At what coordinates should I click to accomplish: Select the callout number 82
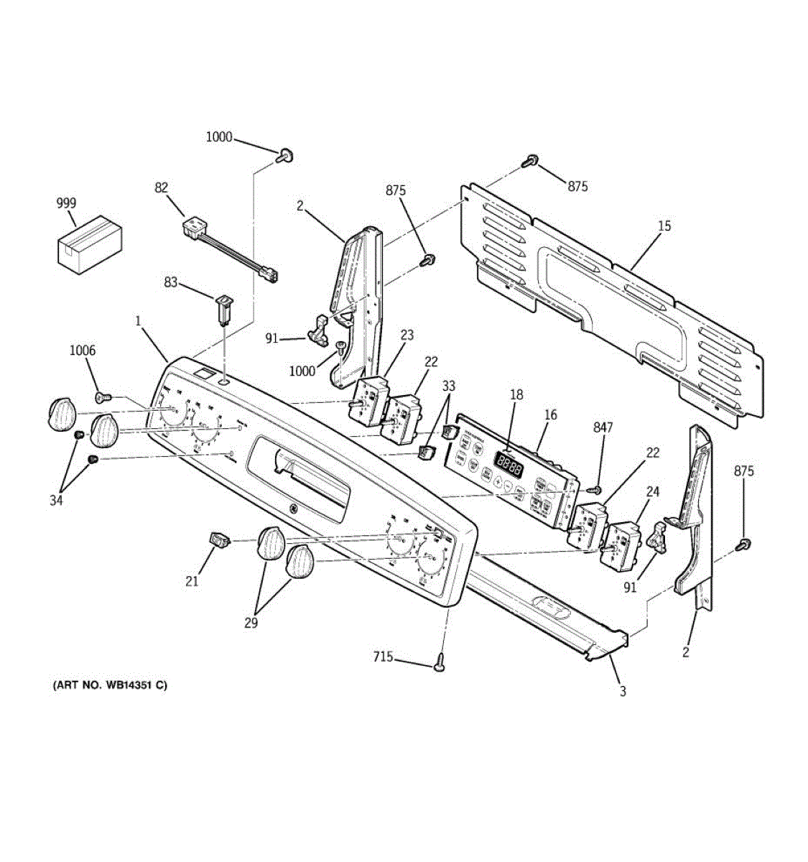[161, 187]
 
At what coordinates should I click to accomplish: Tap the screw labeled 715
[439, 666]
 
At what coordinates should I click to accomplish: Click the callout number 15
[664, 226]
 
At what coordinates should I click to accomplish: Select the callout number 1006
[82, 351]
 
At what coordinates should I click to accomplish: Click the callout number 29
[250, 623]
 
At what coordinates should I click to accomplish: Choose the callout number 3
[623, 691]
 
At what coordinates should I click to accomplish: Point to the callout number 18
[516, 394]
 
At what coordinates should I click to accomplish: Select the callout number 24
[652, 491]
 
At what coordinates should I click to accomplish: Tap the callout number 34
[56, 500]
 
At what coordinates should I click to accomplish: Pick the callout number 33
[448, 386]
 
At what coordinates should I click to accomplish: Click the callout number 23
[407, 334]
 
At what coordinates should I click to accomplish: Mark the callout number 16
[550, 414]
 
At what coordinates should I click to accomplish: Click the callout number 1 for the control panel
[138, 322]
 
